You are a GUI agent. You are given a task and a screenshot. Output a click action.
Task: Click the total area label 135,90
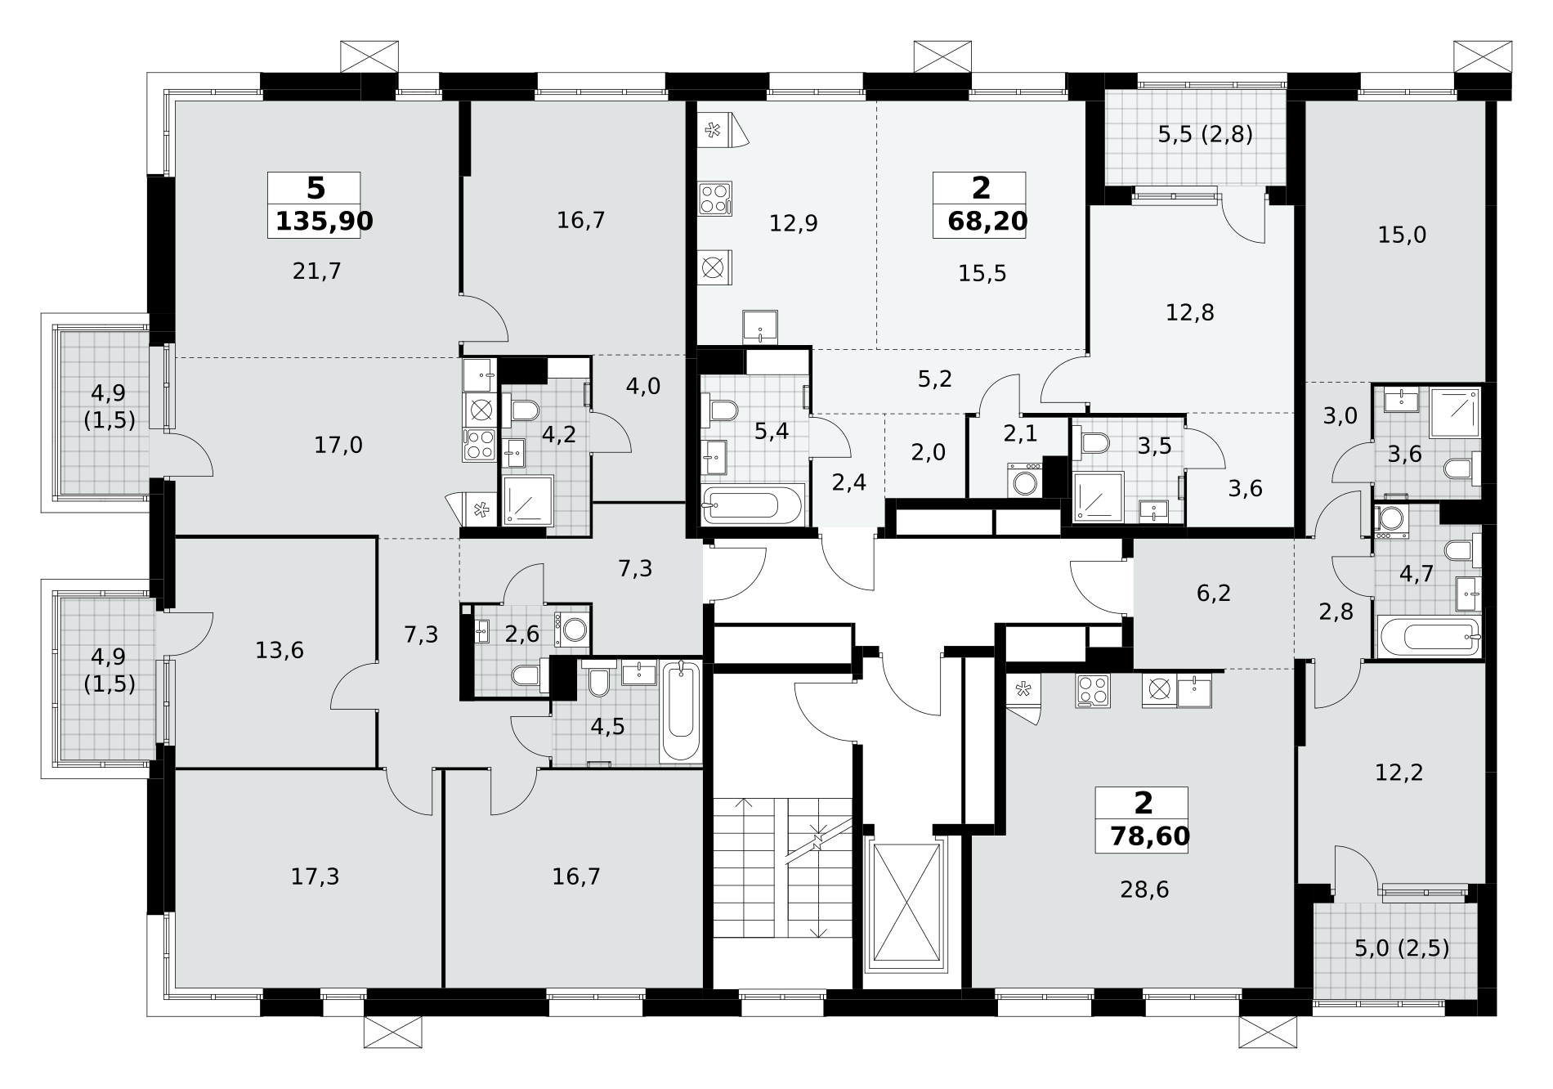pyautogui.click(x=324, y=221)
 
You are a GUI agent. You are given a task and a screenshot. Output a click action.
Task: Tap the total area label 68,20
pyautogui.click(x=988, y=221)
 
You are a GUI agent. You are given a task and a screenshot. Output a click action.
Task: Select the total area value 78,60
pyautogui.click(x=1150, y=836)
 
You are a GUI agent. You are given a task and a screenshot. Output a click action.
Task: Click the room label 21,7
pyautogui.click(x=317, y=271)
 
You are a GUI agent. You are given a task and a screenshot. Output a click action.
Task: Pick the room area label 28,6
pyautogui.click(x=1144, y=890)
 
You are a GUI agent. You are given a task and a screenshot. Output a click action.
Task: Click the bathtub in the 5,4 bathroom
pyautogui.click(x=752, y=504)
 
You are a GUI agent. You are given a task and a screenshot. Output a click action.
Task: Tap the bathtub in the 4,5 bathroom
pyautogui.click(x=682, y=710)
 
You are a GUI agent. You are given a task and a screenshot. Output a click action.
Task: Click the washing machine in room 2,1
pyautogui.click(x=1024, y=480)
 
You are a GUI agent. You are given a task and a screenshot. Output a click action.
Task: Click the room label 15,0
pyautogui.click(x=1402, y=235)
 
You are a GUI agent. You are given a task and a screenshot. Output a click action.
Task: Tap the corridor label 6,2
pyautogui.click(x=1214, y=593)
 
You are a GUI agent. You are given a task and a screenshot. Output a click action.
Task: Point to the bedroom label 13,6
pyautogui.click(x=280, y=651)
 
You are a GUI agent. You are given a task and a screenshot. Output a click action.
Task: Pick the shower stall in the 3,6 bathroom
pyautogui.click(x=1455, y=412)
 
